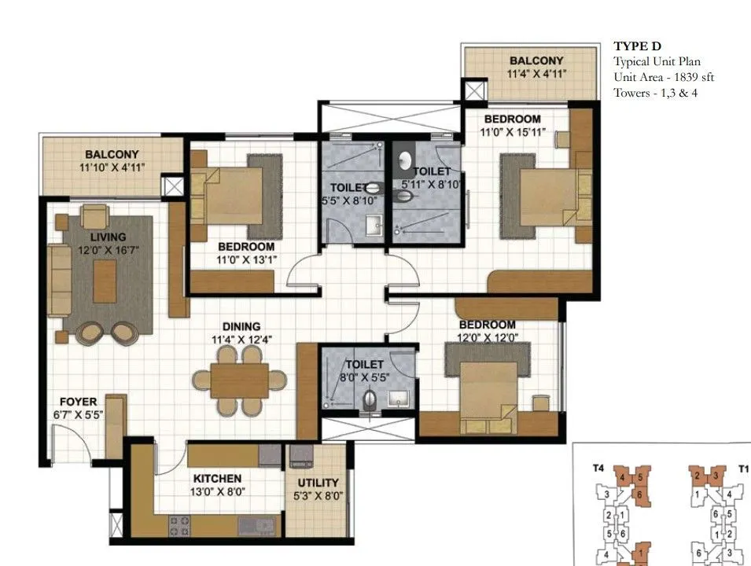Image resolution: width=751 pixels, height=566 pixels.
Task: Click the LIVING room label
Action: pos(108,237)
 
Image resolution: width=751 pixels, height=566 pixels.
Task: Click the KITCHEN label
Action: pos(217,478)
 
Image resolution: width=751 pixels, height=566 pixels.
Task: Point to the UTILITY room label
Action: pos(318,483)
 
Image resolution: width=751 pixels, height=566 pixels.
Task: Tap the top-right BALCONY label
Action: pos(536,61)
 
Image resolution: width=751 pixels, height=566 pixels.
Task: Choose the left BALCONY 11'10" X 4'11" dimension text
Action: pos(112,167)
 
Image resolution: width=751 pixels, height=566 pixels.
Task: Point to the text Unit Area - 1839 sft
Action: pos(664,77)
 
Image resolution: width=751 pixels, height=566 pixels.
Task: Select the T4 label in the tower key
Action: pos(598,468)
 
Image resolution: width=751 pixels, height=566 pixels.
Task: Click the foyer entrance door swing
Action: pos(66,440)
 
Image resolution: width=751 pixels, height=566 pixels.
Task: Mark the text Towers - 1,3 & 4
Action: pos(656,93)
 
